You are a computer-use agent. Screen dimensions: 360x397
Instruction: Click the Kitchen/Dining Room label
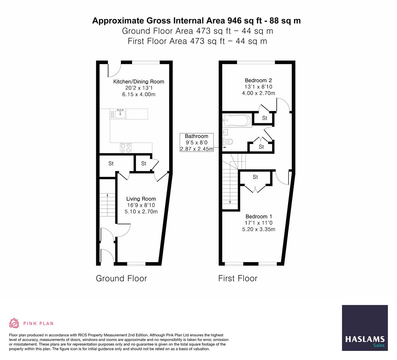pos(139,82)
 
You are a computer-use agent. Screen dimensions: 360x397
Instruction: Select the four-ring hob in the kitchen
pos(126,148)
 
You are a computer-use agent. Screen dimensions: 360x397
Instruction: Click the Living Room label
pos(141,199)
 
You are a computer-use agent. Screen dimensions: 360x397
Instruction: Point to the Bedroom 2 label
pos(258,80)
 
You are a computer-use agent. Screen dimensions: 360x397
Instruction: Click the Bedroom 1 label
pos(258,216)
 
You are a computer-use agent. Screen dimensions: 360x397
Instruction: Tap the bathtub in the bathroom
pos(237,120)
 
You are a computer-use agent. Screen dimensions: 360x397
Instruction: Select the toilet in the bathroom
pos(228,142)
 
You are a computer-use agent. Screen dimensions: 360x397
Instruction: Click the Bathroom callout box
pos(197,142)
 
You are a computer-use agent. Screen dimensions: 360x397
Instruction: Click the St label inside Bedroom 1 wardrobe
pos(255,177)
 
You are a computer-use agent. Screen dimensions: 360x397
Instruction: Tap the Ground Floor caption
pos(121,278)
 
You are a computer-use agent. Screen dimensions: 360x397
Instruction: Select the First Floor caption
pos(238,278)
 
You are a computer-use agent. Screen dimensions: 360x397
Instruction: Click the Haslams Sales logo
pos(365,328)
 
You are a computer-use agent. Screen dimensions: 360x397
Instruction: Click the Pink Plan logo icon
pos(14,323)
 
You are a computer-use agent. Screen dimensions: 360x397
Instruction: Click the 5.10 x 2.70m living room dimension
pos(141,212)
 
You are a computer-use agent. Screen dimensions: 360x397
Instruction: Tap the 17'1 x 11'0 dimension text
pos(258,223)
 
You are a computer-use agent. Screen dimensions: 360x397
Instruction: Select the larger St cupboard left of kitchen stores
pos(111,163)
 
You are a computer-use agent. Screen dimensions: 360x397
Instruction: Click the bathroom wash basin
pos(226,132)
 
